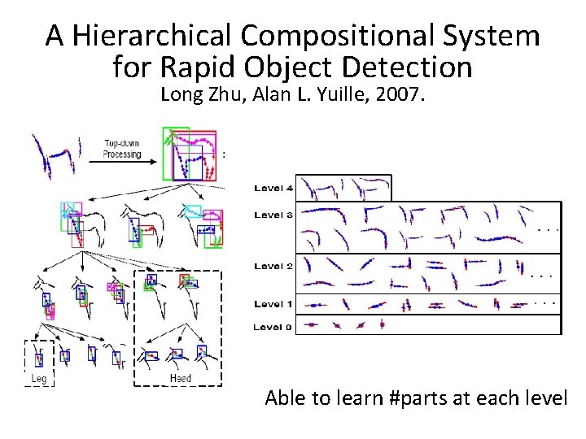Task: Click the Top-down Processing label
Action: pyautogui.click(x=122, y=149)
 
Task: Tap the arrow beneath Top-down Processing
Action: pyautogui.click(x=122, y=162)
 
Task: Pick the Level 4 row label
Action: pyautogui.click(x=273, y=189)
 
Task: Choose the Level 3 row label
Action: pyautogui.click(x=273, y=215)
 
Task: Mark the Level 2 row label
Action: pyautogui.click(x=273, y=267)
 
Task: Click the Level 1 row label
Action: pyautogui.click(x=273, y=304)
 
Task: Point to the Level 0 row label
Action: pyautogui.click(x=273, y=327)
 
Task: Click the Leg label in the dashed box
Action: pyautogui.click(x=39, y=379)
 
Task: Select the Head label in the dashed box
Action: pyautogui.click(x=180, y=379)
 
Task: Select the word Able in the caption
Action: pyautogui.click(x=285, y=398)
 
